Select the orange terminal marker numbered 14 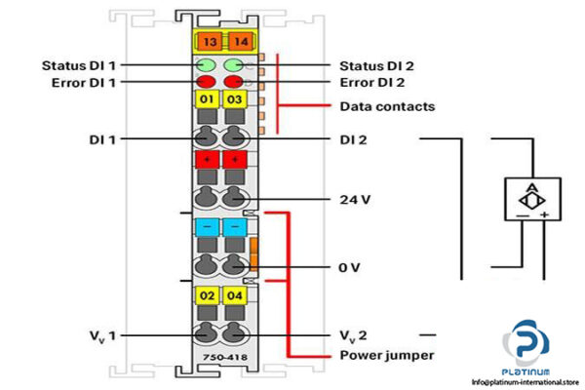click(235, 41)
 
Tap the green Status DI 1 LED click(207, 65)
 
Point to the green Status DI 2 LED click(234, 65)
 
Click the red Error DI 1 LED click(207, 81)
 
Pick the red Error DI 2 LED click(234, 81)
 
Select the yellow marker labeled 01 click(207, 100)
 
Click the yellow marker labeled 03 click(234, 100)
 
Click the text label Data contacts click(386, 105)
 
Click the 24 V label click(354, 199)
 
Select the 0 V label click(349, 265)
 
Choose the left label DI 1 click(100, 139)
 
